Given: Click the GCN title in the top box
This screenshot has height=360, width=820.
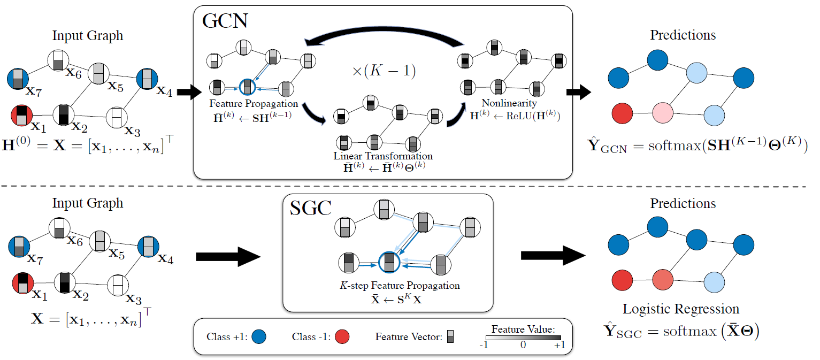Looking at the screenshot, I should click(x=225, y=22).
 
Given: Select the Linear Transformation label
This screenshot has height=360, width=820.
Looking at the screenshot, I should click(x=382, y=156).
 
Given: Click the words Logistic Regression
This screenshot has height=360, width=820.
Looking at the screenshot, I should click(x=681, y=309).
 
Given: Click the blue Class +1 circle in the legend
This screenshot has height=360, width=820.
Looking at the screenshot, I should click(x=258, y=337).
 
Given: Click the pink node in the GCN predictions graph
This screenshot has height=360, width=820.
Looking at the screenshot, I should click(x=664, y=113).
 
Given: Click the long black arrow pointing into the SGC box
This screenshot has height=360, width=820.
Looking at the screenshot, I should click(x=228, y=257).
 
